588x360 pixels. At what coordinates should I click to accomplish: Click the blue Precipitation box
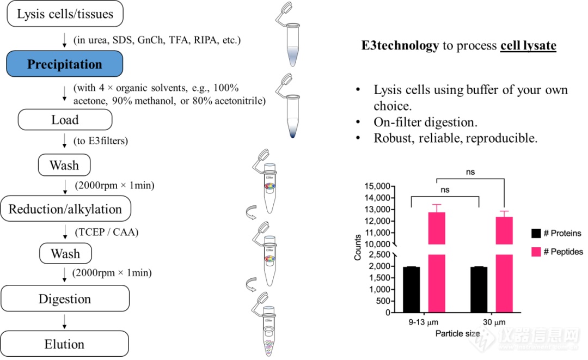coord(65,64)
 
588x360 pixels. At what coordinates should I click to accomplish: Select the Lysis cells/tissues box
coord(65,14)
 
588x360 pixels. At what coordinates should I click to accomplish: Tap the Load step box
coord(65,120)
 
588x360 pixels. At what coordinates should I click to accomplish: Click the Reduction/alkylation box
coord(65,209)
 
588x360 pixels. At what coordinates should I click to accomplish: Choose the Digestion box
coord(65,299)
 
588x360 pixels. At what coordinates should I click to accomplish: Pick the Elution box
coord(65,344)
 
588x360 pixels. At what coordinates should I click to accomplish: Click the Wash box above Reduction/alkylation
coord(65,165)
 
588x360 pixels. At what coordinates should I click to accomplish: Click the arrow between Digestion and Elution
coord(65,321)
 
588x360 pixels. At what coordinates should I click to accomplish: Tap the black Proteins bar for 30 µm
coord(479,290)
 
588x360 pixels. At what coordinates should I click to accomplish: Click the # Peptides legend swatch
coord(537,252)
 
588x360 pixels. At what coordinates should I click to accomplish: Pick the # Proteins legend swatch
coord(537,234)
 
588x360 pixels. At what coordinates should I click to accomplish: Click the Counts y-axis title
coord(358,248)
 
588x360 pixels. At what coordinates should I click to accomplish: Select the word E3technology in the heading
coord(400,46)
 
